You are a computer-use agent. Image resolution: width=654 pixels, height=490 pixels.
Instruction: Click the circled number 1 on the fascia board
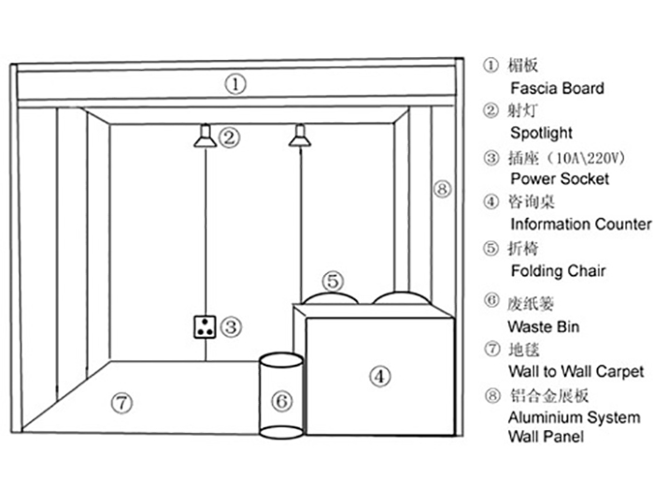237,84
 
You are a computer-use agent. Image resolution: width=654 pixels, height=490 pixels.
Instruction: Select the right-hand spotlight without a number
299,138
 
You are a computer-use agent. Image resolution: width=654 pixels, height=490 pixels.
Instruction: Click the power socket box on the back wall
205,327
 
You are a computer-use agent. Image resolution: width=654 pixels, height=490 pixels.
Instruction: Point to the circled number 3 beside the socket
232,327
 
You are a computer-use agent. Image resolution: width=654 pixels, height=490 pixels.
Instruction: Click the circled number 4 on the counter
378,377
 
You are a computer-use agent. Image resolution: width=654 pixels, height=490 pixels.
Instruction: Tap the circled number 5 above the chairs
334,280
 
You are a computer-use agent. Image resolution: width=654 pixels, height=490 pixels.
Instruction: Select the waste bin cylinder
280,396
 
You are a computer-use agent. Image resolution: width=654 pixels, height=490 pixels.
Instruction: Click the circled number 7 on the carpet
121,403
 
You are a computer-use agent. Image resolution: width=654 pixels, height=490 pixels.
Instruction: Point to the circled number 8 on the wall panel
442,189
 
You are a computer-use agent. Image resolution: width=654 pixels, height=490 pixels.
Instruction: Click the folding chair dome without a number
401,295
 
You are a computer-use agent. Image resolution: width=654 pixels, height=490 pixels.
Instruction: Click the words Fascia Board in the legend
557,88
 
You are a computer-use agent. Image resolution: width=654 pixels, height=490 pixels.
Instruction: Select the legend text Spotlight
541,133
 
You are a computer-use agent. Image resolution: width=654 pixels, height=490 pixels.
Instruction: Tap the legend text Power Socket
560,178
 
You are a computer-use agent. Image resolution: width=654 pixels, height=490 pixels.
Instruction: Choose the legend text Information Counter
580,223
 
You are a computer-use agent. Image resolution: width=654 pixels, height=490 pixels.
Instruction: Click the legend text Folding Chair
558,270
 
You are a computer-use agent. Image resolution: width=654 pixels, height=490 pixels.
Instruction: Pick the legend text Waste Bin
543,326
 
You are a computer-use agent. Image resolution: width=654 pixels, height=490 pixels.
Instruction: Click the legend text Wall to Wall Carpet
576,371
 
